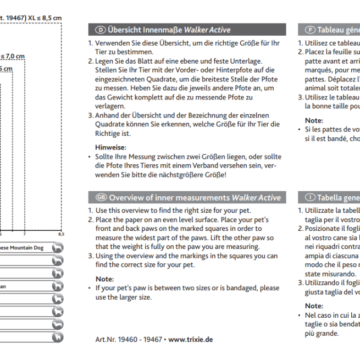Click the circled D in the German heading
[101, 30]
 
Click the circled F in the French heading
[310, 30]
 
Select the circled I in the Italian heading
[311, 197]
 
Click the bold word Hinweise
[111, 147]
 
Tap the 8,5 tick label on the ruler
[60, 234]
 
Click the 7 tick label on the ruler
[25, 234]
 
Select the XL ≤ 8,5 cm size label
[41, 18]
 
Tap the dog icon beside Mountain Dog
[57, 248]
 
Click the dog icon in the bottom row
[57, 337]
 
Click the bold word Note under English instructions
[104, 279]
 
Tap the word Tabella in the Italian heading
[332, 197]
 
